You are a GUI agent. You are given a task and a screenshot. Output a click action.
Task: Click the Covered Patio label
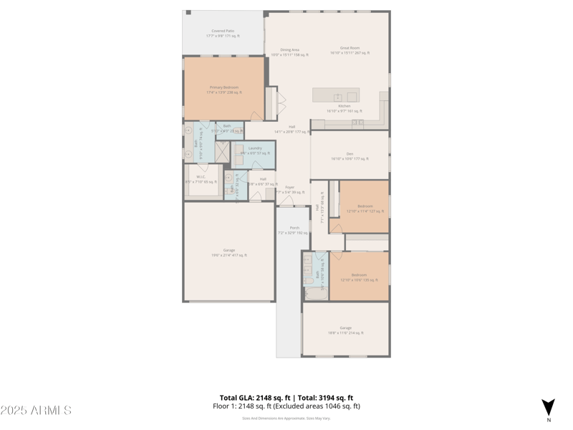(x=223, y=33)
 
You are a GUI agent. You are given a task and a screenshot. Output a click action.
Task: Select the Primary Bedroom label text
(x=225, y=90)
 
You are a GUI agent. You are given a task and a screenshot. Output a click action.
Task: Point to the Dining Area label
(x=289, y=52)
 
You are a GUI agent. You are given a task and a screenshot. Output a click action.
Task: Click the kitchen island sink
(x=337, y=97)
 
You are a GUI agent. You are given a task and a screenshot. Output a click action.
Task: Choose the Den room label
(x=350, y=156)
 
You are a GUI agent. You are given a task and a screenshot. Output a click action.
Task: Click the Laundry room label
(x=255, y=150)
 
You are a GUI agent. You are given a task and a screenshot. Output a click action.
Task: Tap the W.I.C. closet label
(x=201, y=179)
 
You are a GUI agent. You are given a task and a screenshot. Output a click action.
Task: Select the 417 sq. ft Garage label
(x=228, y=252)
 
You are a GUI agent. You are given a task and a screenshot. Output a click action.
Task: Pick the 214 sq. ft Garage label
(x=345, y=330)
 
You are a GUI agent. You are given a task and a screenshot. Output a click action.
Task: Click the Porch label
(x=294, y=230)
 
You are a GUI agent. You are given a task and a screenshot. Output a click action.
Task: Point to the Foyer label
(x=289, y=189)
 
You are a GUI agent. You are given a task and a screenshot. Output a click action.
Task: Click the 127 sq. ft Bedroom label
(x=365, y=209)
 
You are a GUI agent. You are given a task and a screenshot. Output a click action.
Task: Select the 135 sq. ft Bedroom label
(x=359, y=277)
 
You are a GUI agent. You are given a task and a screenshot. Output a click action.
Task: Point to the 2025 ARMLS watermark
(x=36, y=411)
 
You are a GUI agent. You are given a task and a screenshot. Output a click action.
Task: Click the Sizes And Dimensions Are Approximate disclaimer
(x=286, y=419)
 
